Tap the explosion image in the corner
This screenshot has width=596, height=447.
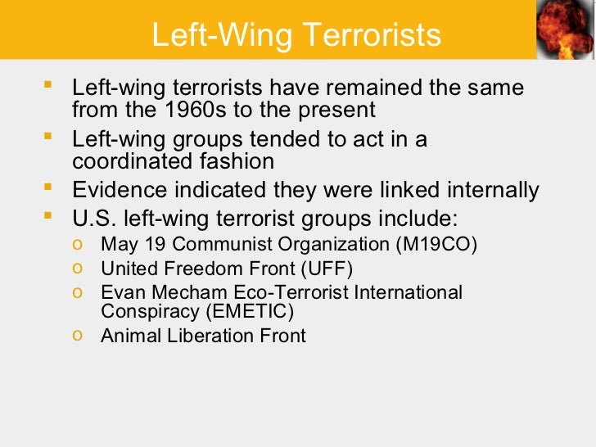click(565, 29)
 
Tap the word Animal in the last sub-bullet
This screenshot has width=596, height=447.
click(127, 335)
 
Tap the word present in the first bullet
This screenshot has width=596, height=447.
click(336, 109)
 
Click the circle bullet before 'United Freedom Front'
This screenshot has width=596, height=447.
click(76, 267)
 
